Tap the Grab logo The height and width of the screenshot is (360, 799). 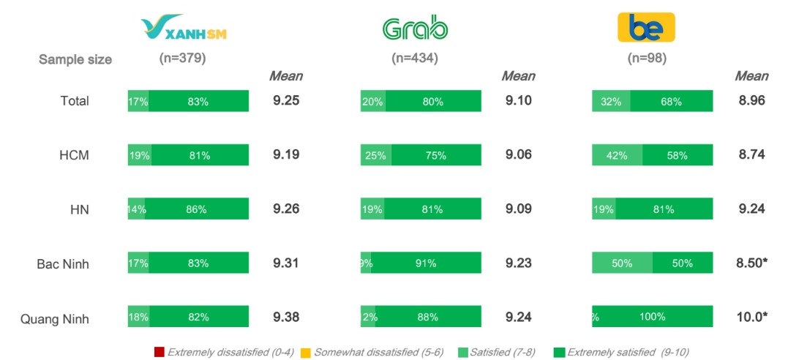415,28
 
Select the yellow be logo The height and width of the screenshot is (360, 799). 646,28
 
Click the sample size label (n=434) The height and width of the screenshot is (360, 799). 415,59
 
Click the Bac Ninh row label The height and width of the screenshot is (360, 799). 64,263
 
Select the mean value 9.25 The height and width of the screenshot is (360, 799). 286,101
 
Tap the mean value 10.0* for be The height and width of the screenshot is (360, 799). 751,317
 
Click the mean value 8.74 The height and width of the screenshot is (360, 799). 751,155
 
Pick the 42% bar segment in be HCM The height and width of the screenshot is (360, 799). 617,155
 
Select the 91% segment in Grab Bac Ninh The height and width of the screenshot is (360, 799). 427,263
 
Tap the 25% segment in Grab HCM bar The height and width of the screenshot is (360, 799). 375,155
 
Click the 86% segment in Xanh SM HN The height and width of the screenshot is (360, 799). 197,209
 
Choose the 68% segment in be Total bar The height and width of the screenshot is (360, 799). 672,102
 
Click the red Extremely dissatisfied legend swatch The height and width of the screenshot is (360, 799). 160,352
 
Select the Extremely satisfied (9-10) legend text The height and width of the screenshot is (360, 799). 628,352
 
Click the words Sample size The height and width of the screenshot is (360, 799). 75,60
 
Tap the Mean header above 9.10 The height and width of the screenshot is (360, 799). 518,76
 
